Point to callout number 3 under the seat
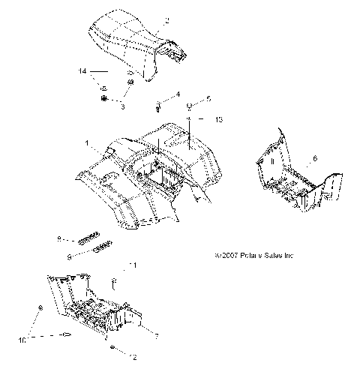click(122, 106)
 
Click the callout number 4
click(178, 94)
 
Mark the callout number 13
click(220, 120)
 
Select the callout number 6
click(315, 158)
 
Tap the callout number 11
click(133, 266)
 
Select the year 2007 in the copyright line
click(228, 256)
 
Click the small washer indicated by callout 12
click(112, 350)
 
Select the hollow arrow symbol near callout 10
click(67, 335)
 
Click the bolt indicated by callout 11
click(114, 282)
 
